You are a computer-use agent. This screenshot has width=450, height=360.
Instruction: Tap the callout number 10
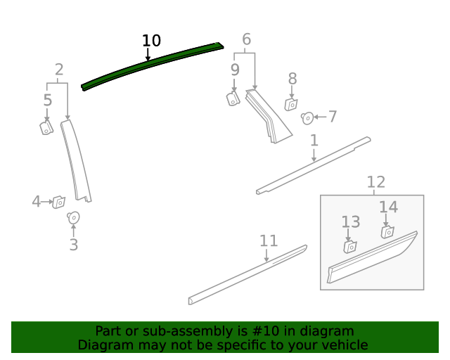click(151, 41)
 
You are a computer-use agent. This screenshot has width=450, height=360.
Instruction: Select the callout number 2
click(59, 70)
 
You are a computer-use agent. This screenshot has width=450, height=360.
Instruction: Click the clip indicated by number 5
click(46, 127)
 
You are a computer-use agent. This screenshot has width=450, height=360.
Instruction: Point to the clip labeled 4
click(59, 202)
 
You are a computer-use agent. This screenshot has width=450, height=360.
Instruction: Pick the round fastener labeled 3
click(73, 218)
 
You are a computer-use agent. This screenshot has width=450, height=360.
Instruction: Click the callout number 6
click(247, 39)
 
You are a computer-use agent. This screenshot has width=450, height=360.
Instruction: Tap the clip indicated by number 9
click(233, 98)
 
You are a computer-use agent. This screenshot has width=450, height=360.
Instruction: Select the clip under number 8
click(291, 105)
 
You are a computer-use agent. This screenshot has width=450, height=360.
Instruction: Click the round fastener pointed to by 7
click(307, 118)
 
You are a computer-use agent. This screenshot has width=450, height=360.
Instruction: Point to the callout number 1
click(314, 141)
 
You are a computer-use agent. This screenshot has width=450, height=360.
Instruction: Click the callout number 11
click(269, 241)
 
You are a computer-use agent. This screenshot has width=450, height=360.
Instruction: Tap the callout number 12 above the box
click(376, 182)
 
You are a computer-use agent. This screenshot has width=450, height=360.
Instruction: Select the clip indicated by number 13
click(350, 247)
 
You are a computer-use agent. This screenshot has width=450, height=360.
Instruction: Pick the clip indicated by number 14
click(387, 232)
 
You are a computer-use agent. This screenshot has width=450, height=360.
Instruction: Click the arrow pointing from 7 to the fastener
click(320, 117)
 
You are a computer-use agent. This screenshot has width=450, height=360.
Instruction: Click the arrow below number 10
click(148, 54)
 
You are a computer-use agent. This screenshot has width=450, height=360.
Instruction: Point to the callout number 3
click(74, 245)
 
